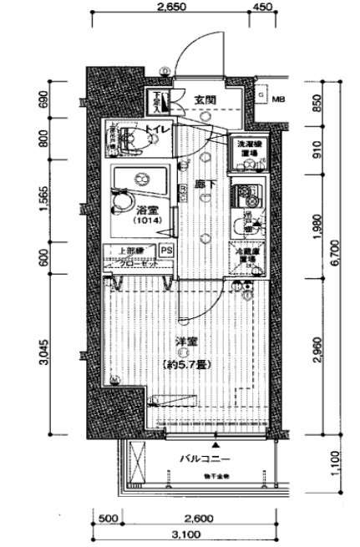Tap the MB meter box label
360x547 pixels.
pyautogui.click(x=278, y=98)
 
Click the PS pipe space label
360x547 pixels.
pyautogui.click(x=165, y=250)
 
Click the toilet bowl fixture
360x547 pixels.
pyautogui.click(x=134, y=141)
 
